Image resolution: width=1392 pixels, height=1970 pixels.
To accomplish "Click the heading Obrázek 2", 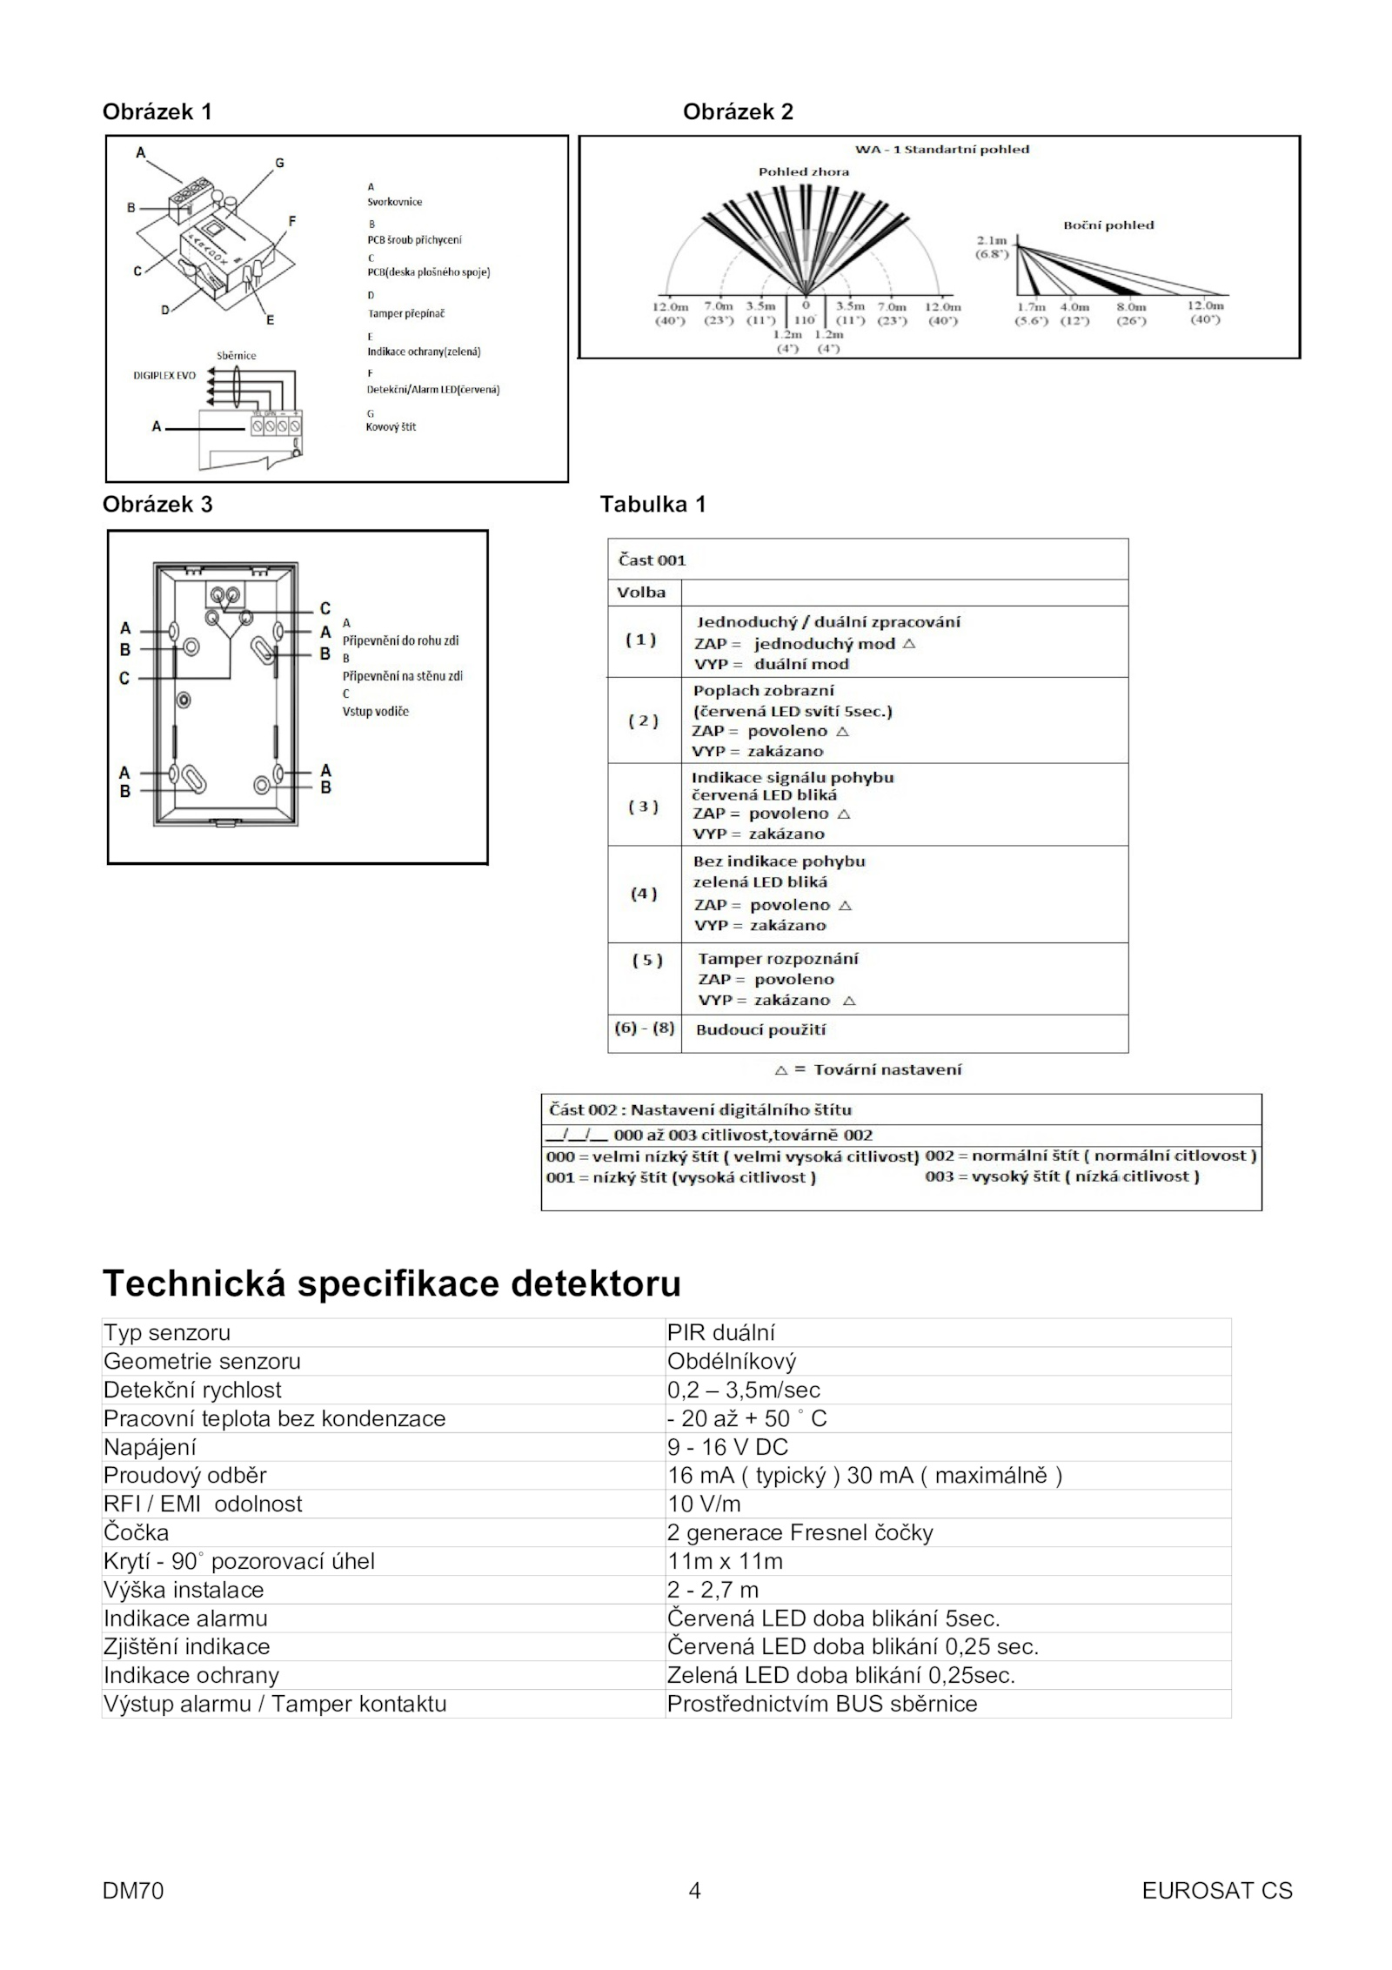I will click(x=738, y=111).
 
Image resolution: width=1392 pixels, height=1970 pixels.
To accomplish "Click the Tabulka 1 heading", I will click(x=652, y=504).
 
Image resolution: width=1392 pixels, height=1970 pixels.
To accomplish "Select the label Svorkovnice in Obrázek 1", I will click(x=394, y=202).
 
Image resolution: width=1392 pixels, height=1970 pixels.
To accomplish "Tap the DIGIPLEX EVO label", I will click(x=164, y=376).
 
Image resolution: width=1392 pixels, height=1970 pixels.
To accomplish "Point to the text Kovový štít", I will click(x=391, y=427).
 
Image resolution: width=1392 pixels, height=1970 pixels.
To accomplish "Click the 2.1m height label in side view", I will click(x=991, y=240).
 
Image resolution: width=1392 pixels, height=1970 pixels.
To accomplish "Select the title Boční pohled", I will click(x=1108, y=225).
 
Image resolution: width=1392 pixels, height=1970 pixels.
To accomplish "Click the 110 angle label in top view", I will click(x=805, y=319).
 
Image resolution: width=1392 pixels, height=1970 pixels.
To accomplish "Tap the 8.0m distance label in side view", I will click(x=1131, y=306).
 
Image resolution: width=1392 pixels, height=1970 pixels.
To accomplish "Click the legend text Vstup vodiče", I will click(x=375, y=711).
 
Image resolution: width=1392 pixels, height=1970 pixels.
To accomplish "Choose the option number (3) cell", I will click(x=643, y=806).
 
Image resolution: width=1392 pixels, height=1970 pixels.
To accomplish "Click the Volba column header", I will click(x=641, y=593).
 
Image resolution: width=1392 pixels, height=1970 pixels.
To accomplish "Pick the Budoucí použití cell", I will click(x=760, y=1029).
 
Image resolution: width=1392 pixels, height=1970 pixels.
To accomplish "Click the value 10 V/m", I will click(x=704, y=1504).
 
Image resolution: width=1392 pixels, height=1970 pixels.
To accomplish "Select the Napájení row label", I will click(x=150, y=1447).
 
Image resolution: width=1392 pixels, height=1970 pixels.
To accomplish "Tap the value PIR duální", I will click(x=720, y=1333).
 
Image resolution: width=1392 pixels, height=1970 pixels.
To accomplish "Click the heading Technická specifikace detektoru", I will click(x=391, y=1283).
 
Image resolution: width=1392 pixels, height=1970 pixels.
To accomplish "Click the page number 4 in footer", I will click(x=694, y=1890).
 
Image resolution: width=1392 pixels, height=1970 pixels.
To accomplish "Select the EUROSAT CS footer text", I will click(x=1216, y=1890).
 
